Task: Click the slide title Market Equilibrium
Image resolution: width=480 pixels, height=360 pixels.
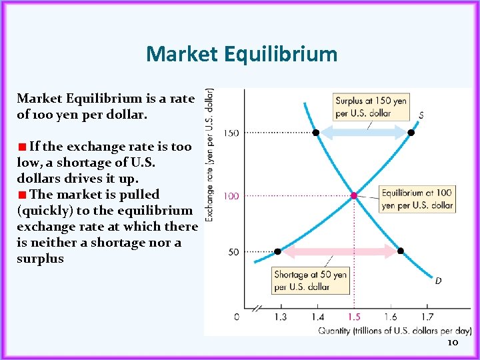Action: click(x=241, y=53)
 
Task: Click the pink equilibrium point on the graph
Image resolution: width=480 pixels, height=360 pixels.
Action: click(x=354, y=195)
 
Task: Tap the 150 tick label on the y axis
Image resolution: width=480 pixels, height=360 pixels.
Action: click(x=231, y=133)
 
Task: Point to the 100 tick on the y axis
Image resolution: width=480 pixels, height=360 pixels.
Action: click(x=231, y=196)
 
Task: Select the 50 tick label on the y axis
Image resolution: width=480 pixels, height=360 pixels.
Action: click(x=233, y=252)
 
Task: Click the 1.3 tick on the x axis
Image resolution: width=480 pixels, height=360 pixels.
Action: click(x=280, y=317)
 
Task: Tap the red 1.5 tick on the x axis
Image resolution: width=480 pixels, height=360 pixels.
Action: click(x=354, y=317)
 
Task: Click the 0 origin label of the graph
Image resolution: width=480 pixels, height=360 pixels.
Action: click(x=237, y=317)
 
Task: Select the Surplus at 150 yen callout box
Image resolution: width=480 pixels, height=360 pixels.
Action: click(x=371, y=107)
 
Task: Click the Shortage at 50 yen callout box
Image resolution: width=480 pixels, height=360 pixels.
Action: click(x=311, y=281)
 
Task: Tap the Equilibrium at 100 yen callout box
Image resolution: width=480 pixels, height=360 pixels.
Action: click(x=417, y=199)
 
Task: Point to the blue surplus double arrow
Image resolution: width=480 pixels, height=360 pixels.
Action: click(x=363, y=133)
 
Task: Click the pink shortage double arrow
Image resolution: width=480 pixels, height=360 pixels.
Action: click(x=339, y=251)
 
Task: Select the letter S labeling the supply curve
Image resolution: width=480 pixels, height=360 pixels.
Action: click(x=421, y=115)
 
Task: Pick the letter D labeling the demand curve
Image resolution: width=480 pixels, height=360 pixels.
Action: click(x=438, y=281)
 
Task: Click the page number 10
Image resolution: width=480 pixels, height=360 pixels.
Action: click(x=452, y=342)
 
